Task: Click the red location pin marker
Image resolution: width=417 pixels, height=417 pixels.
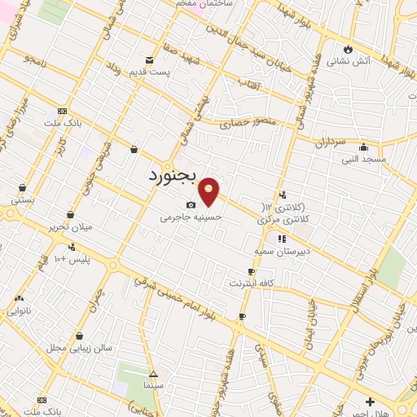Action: [x=209, y=191]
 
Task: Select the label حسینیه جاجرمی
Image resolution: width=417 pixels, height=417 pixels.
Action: [x=190, y=217]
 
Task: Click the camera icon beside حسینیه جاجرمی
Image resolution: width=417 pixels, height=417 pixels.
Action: [x=191, y=205]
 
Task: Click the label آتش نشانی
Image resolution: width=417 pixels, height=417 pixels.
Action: [x=349, y=61]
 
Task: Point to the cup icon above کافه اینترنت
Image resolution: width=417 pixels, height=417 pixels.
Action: [x=251, y=272]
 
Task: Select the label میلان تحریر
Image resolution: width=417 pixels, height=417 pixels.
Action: [x=70, y=226]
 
